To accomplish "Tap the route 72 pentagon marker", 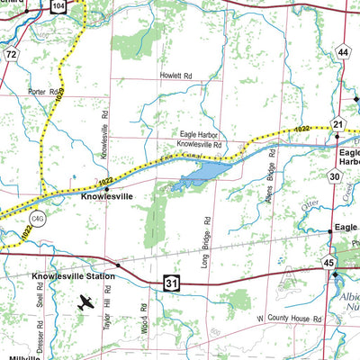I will tap(11, 56).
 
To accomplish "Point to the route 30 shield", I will tap(333, 176).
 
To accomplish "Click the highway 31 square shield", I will tap(172, 283).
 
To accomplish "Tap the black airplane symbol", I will tap(85, 304).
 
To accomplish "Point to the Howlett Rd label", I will tap(177, 76).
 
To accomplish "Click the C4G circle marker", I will tap(38, 217).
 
